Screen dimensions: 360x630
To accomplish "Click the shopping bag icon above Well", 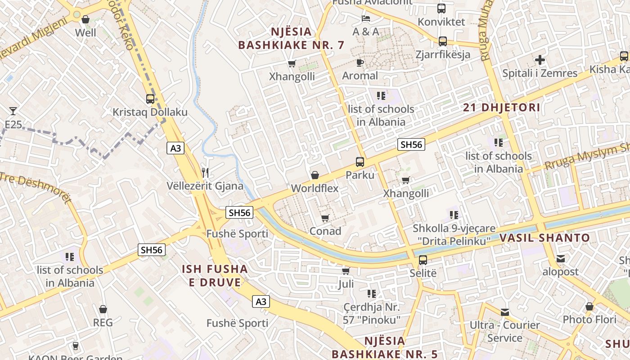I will (85, 19).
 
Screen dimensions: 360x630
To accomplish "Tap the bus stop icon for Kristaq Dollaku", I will (150, 99).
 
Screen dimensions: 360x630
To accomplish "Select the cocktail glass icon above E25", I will (13, 111).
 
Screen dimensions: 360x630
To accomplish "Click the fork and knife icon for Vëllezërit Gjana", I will (205, 172).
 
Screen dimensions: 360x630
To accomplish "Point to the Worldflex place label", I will (315, 188).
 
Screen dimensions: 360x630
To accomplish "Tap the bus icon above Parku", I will (360, 162).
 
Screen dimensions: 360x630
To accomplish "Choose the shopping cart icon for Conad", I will (325, 218).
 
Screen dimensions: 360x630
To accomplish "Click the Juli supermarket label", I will (346, 284).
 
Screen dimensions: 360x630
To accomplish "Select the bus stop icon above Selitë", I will (423, 260).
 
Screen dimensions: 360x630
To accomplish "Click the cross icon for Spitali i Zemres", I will (540, 60).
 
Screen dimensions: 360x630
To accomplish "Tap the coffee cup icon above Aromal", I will (360, 63).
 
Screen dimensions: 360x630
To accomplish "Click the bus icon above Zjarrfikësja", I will (442, 41).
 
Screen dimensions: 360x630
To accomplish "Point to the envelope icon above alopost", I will (560, 259).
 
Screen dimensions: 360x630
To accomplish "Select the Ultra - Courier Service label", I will (504, 331).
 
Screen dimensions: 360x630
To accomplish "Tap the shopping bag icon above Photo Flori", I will (589, 307).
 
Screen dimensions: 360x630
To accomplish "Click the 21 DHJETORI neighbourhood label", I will (502, 108).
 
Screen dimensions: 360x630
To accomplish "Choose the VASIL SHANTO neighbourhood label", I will (544, 238).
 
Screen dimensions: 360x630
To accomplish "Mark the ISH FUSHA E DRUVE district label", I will (215, 275).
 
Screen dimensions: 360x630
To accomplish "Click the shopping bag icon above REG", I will (103, 310).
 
